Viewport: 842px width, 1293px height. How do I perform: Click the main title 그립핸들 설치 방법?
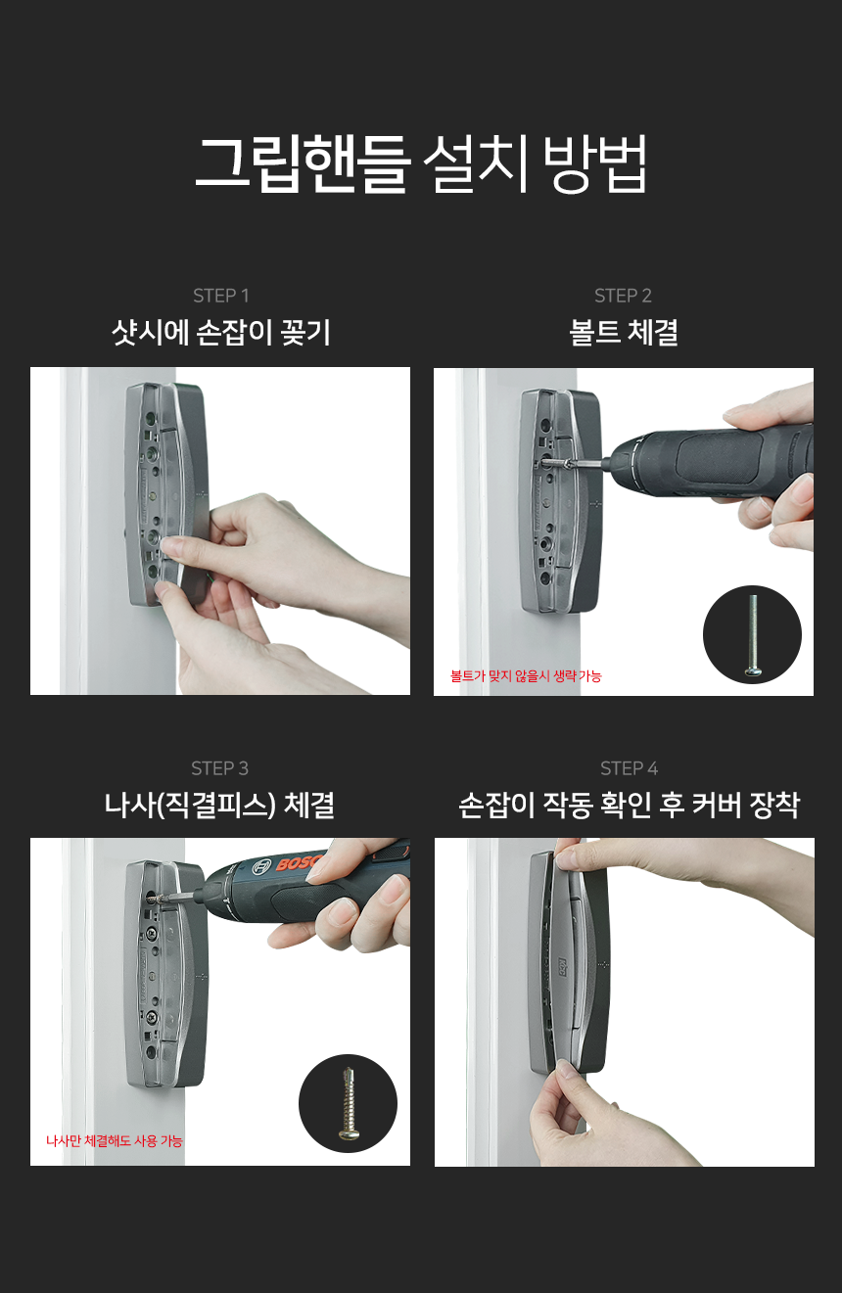(420, 164)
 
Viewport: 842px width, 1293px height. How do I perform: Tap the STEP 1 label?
(220, 296)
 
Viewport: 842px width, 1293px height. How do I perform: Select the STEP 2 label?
(623, 296)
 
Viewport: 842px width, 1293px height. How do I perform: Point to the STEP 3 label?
(220, 768)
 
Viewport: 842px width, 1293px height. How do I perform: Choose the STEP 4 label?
(629, 768)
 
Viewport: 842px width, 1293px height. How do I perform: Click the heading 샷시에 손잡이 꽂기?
(220, 333)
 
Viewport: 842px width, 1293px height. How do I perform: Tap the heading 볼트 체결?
(623, 333)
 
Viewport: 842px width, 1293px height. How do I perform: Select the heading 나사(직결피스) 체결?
(219, 806)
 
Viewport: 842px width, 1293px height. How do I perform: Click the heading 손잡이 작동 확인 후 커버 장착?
(629, 806)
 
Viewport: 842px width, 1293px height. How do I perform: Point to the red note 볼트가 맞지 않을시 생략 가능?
(526, 676)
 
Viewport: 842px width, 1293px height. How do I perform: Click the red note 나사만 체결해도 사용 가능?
(115, 1141)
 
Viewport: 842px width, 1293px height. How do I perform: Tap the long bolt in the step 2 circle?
(753, 634)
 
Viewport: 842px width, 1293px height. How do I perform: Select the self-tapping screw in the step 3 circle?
(348, 1102)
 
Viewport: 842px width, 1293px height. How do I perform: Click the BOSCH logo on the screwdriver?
(298, 861)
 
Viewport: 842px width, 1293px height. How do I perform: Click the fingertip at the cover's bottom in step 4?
(564, 1074)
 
